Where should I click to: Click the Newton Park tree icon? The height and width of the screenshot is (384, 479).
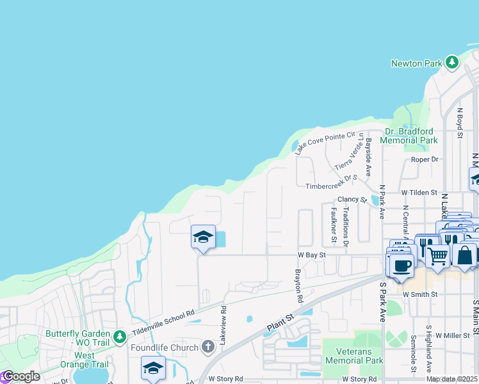(x=452, y=63)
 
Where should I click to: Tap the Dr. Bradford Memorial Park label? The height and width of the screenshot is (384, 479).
(x=409, y=136)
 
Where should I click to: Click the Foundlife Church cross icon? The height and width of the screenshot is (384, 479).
(x=207, y=347)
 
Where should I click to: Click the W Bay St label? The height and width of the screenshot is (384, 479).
(x=312, y=255)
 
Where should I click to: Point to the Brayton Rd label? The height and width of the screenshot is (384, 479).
(x=298, y=285)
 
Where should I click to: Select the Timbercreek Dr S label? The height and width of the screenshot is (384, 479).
(x=330, y=186)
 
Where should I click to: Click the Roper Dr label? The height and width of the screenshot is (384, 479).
(x=425, y=159)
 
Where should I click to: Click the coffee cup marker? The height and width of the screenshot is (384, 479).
(x=402, y=266)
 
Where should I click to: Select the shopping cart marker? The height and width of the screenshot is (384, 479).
(x=438, y=255)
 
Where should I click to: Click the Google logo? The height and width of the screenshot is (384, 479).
(x=21, y=376)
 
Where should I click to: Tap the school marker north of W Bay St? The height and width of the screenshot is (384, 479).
(x=202, y=237)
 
